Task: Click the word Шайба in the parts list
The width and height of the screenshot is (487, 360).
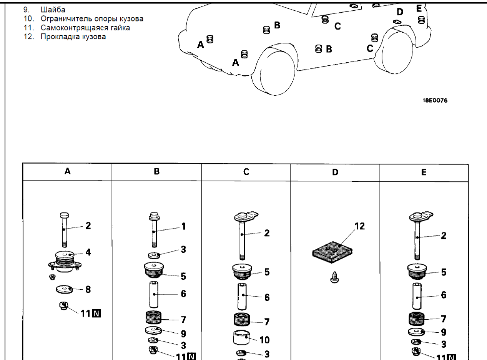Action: click(x=53, y=10)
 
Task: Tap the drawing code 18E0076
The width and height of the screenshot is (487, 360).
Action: click(x=435, y=101)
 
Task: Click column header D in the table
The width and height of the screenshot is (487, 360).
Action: click(x=335, y=172)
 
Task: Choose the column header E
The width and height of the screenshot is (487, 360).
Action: click(x=424, y=172)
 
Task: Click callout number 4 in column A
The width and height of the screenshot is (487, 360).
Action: click(x=88, y=252)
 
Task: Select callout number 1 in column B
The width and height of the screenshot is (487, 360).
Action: click(x=183, y=226)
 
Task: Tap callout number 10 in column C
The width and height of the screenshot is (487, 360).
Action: click(x=265, y=340)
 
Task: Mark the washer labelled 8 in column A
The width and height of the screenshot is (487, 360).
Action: click(x=64, y=289)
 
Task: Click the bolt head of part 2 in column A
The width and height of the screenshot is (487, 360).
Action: click(x=65, y=216)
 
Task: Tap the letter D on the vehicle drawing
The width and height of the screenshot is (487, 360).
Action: click(x=400, y=12)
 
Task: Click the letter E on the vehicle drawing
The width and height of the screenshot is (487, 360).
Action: click(x=419, y=8)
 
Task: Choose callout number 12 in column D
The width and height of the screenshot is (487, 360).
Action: click(x=359, y=226)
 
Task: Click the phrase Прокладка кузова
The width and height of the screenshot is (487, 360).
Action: click(x=73, y=37)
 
